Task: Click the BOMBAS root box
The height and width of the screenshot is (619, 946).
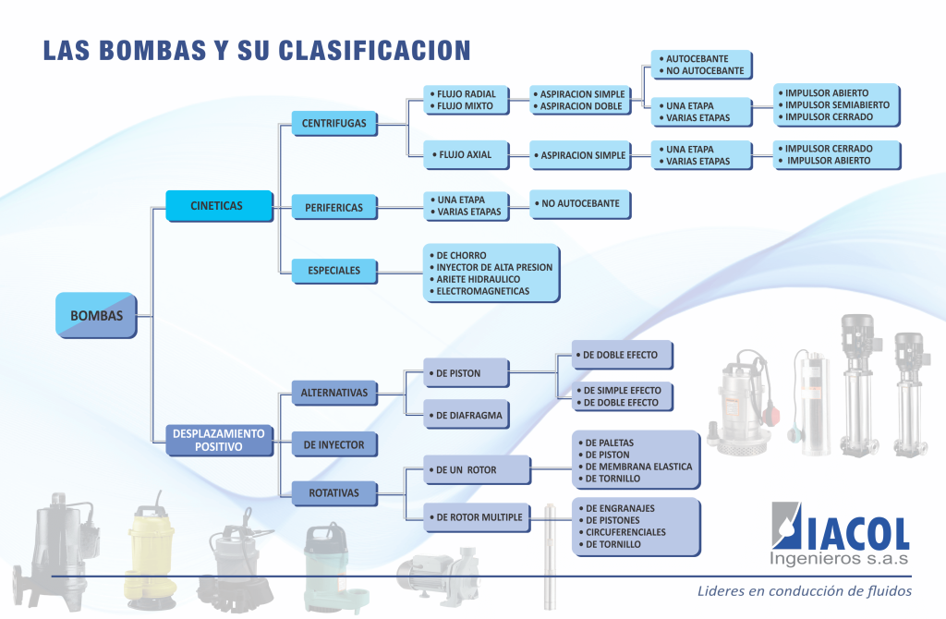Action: point(96,315)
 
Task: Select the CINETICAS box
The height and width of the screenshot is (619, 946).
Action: point(220,206)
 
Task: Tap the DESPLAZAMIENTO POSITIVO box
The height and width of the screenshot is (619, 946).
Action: point(220,440)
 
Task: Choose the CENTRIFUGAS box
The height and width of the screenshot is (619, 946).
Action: point(334,123)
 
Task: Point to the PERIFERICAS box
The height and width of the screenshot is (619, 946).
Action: point(334,208)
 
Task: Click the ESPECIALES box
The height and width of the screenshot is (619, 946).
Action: point(334,271)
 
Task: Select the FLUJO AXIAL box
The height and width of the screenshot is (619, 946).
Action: point(467,155)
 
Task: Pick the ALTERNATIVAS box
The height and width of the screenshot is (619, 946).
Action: point(334,393)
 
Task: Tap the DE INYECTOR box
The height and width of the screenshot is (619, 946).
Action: point(334,444)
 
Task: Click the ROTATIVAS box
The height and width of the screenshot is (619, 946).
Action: point(334,493)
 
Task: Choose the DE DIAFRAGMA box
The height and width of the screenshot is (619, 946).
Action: point(467,415)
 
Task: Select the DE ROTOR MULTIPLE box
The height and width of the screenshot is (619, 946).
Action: point(478,517)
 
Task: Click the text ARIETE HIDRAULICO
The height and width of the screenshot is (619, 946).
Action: point(479,279)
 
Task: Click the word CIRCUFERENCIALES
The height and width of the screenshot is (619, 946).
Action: point(626,532)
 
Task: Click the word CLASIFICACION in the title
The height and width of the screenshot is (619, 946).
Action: point(375,51)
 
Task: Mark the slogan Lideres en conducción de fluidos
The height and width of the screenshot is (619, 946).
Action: point(805,591)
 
